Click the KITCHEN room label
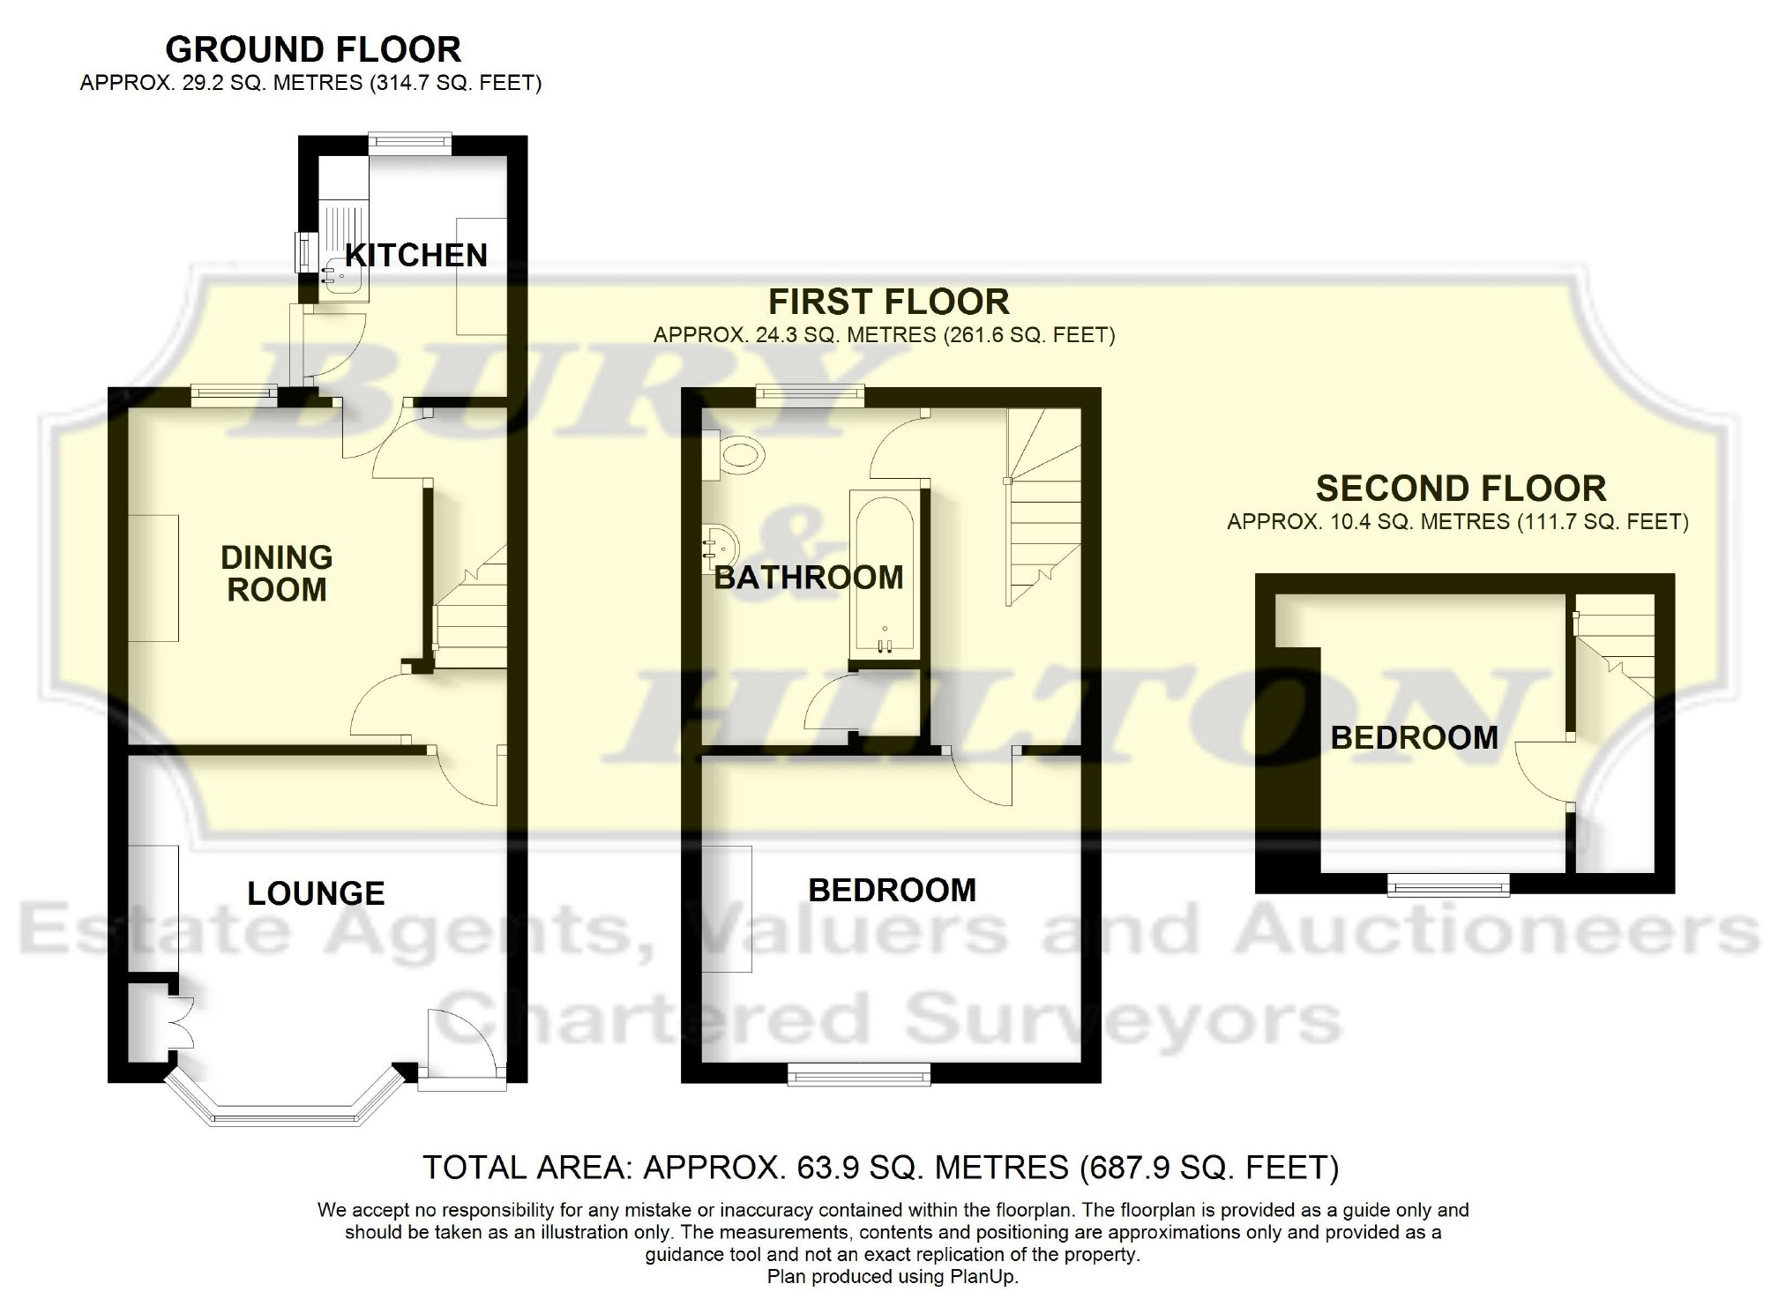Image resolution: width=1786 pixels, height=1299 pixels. (x=415, y=255)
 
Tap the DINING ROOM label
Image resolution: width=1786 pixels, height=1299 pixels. (x=276, y=573)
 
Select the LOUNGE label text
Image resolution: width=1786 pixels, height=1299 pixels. (x=316, y=893)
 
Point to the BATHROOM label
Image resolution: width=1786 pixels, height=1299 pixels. (x=809, y=578)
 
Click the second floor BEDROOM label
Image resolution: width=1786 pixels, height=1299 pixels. (x=1414, y=737)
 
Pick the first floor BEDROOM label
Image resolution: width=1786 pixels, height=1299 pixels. (x=892, y=890)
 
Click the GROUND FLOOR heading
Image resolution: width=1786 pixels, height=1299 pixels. (x=313, y=49)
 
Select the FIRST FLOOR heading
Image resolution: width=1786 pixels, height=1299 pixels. (x=888, y=302)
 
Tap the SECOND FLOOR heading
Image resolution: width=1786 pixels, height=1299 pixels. (x=1461, y=489)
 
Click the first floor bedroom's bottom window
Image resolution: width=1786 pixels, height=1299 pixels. (x=858, y=1073)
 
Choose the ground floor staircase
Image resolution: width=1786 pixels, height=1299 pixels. (x=471, y=608)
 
